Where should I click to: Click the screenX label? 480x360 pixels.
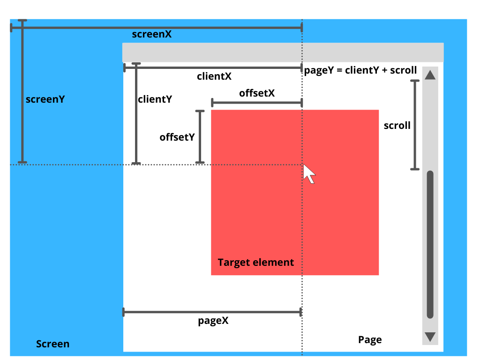coord(151,34)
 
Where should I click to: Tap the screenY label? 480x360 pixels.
coord(45,99)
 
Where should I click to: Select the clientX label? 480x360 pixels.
coord(214,76)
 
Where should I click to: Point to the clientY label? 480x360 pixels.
coord(155,99)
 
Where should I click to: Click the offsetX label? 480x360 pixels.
coord(257,93)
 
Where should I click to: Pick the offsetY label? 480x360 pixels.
coord(177,137)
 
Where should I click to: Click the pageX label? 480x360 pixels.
coord(213,321)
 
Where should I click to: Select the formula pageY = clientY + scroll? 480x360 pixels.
coord(360,70)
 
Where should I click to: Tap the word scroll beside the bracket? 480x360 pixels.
coord(397,125)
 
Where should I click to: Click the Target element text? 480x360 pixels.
coord(256,262)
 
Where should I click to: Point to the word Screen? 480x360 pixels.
coord(52,344)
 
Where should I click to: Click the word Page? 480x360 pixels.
coord(370,340)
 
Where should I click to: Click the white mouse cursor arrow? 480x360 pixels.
coord(309,173)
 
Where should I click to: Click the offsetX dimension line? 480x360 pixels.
coord(257,102)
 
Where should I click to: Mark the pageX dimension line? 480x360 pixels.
coord(212,312)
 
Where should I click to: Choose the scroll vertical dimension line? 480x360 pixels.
coord(414,125)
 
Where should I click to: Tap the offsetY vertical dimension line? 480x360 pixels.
coord(200,136)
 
